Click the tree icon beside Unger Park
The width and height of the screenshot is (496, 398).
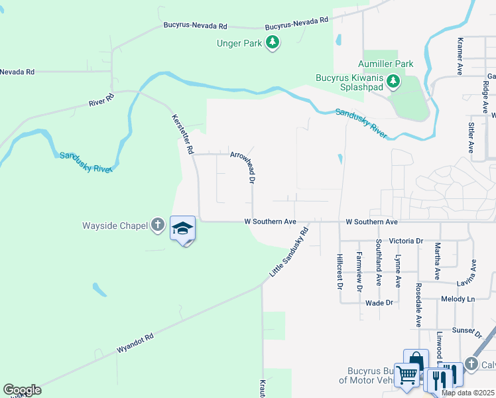click(x=272, y=43)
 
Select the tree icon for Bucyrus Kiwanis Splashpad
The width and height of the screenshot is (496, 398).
click(x=394, y=81)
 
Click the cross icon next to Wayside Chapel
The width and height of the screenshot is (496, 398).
click(x=158, y=225)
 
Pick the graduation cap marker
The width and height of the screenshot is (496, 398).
click(x=183, y=229)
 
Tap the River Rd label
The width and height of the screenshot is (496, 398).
click(x=101, y=100)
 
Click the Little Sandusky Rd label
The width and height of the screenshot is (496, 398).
click(x=290, y=253)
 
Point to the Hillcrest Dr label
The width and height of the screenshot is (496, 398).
click(x=339, y=272)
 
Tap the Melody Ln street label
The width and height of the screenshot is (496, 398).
click(x=458, y=300)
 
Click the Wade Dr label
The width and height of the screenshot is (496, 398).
click(x=379, y=302)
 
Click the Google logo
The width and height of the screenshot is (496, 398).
click(x=22, y=390)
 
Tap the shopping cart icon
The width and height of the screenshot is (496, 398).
click(x=406, y=375)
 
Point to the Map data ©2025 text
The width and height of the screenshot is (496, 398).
click(x=467, y=393)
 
